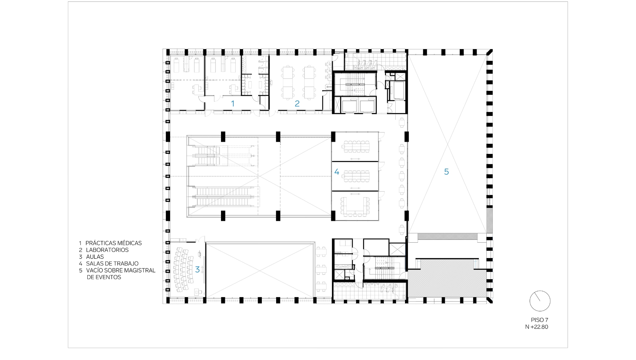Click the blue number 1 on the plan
pyautogui.click(x=233, y=104)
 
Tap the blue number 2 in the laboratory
pyautogui.click(x=297, y=104)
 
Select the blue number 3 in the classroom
pyautogui.click(x=197, y=269)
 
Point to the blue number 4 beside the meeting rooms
pyautogui.click(x=337, y=172)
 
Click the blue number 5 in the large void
pyautogui.click(x=446, y=172)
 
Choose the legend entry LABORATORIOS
pyautogui.click(x=107, y=250)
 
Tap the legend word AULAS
pyautogui.click(x=95, y=257)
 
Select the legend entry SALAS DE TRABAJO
pyautogui.click(x=112, y=263)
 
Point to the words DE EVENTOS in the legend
pyautogui.click(x=104, y=277)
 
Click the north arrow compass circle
pyautogui.click(x=540, y=301)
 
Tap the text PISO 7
pyautogui.click(x=539, y=320)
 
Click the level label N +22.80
pyautogui.click(x=537, y=326)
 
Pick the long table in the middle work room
pyautogui.click(x=355, y=176)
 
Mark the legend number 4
pyautogui.click(x=81, y=263)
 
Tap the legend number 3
pyautogui.click(x=81, y=257)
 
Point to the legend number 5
pyautogui.click(x=81, y=270)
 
